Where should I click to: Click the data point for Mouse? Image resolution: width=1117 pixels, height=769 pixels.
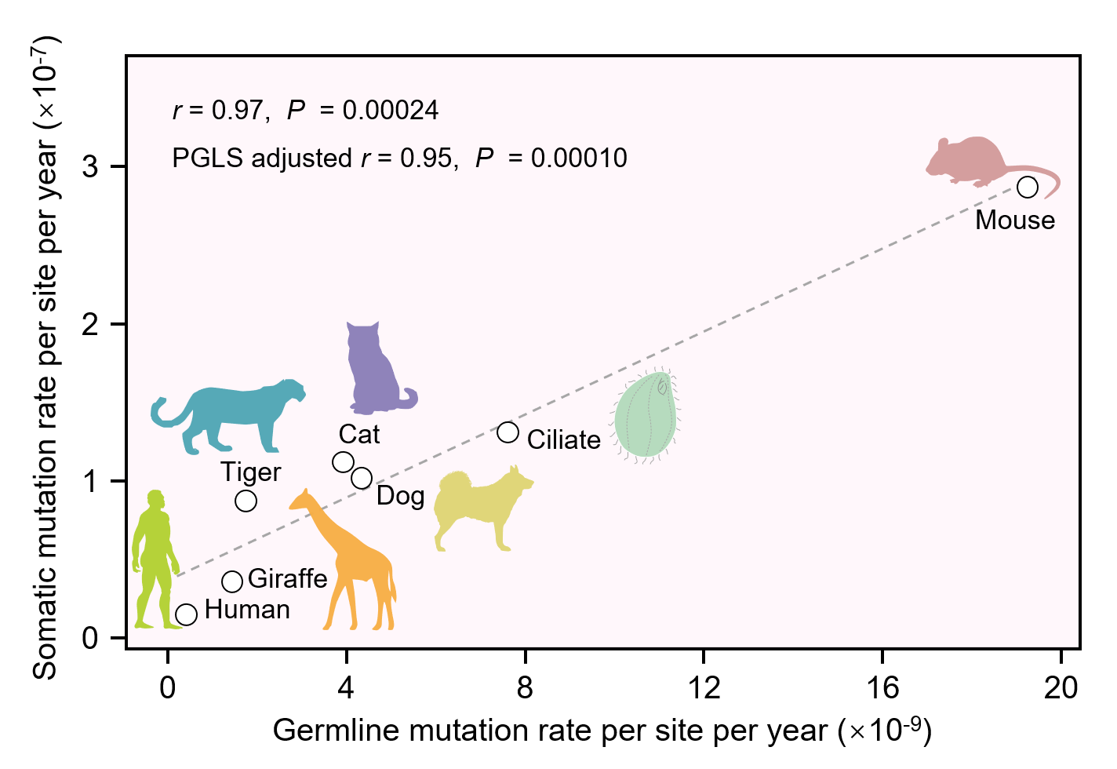tap(1028, 188)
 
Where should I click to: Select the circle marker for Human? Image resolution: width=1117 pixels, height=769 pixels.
tap(186, 614)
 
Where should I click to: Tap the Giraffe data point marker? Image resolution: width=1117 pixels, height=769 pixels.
tap(232, 581)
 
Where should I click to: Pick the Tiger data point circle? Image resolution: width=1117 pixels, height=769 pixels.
tap(246, 501)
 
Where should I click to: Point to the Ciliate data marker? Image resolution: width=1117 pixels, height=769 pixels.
tap(508, 432)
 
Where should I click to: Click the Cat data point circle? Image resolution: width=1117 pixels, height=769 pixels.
tap(343, 462)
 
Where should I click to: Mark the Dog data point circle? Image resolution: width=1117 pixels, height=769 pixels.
tap(362, 478)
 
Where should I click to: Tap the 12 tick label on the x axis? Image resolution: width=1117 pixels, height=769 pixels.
tap(704, 688)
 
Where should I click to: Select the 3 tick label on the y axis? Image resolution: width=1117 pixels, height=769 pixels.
tap(90, 167)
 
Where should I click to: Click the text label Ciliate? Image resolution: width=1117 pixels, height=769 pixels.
tap(563, 440)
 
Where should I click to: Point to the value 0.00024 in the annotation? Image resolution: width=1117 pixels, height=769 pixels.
tap(390, 111)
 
